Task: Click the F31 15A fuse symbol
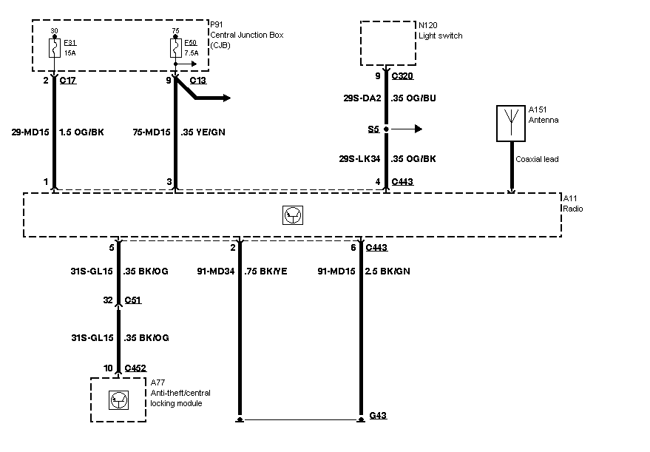coord(55,48)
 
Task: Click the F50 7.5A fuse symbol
coord(176,48)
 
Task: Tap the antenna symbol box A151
coord(511,124)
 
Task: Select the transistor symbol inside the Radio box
coord(293,215)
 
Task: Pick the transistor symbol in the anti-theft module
coord(118,400)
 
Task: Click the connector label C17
coord(68,81)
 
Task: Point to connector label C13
coord(197,81)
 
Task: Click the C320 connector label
coord(402,76)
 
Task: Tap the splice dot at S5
coord(386,129)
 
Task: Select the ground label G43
coord(378,415)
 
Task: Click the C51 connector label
coord(132,300)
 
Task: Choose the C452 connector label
coord(135,368)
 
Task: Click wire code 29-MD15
coord(30,132)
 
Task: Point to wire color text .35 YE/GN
coord(203,132)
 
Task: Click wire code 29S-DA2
coord(362,98)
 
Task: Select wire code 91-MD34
coord(216,271)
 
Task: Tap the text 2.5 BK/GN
coord(387,271)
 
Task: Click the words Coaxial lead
coord(537,159)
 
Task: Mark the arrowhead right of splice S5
coord(419,129)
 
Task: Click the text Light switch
coord(440,36)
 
